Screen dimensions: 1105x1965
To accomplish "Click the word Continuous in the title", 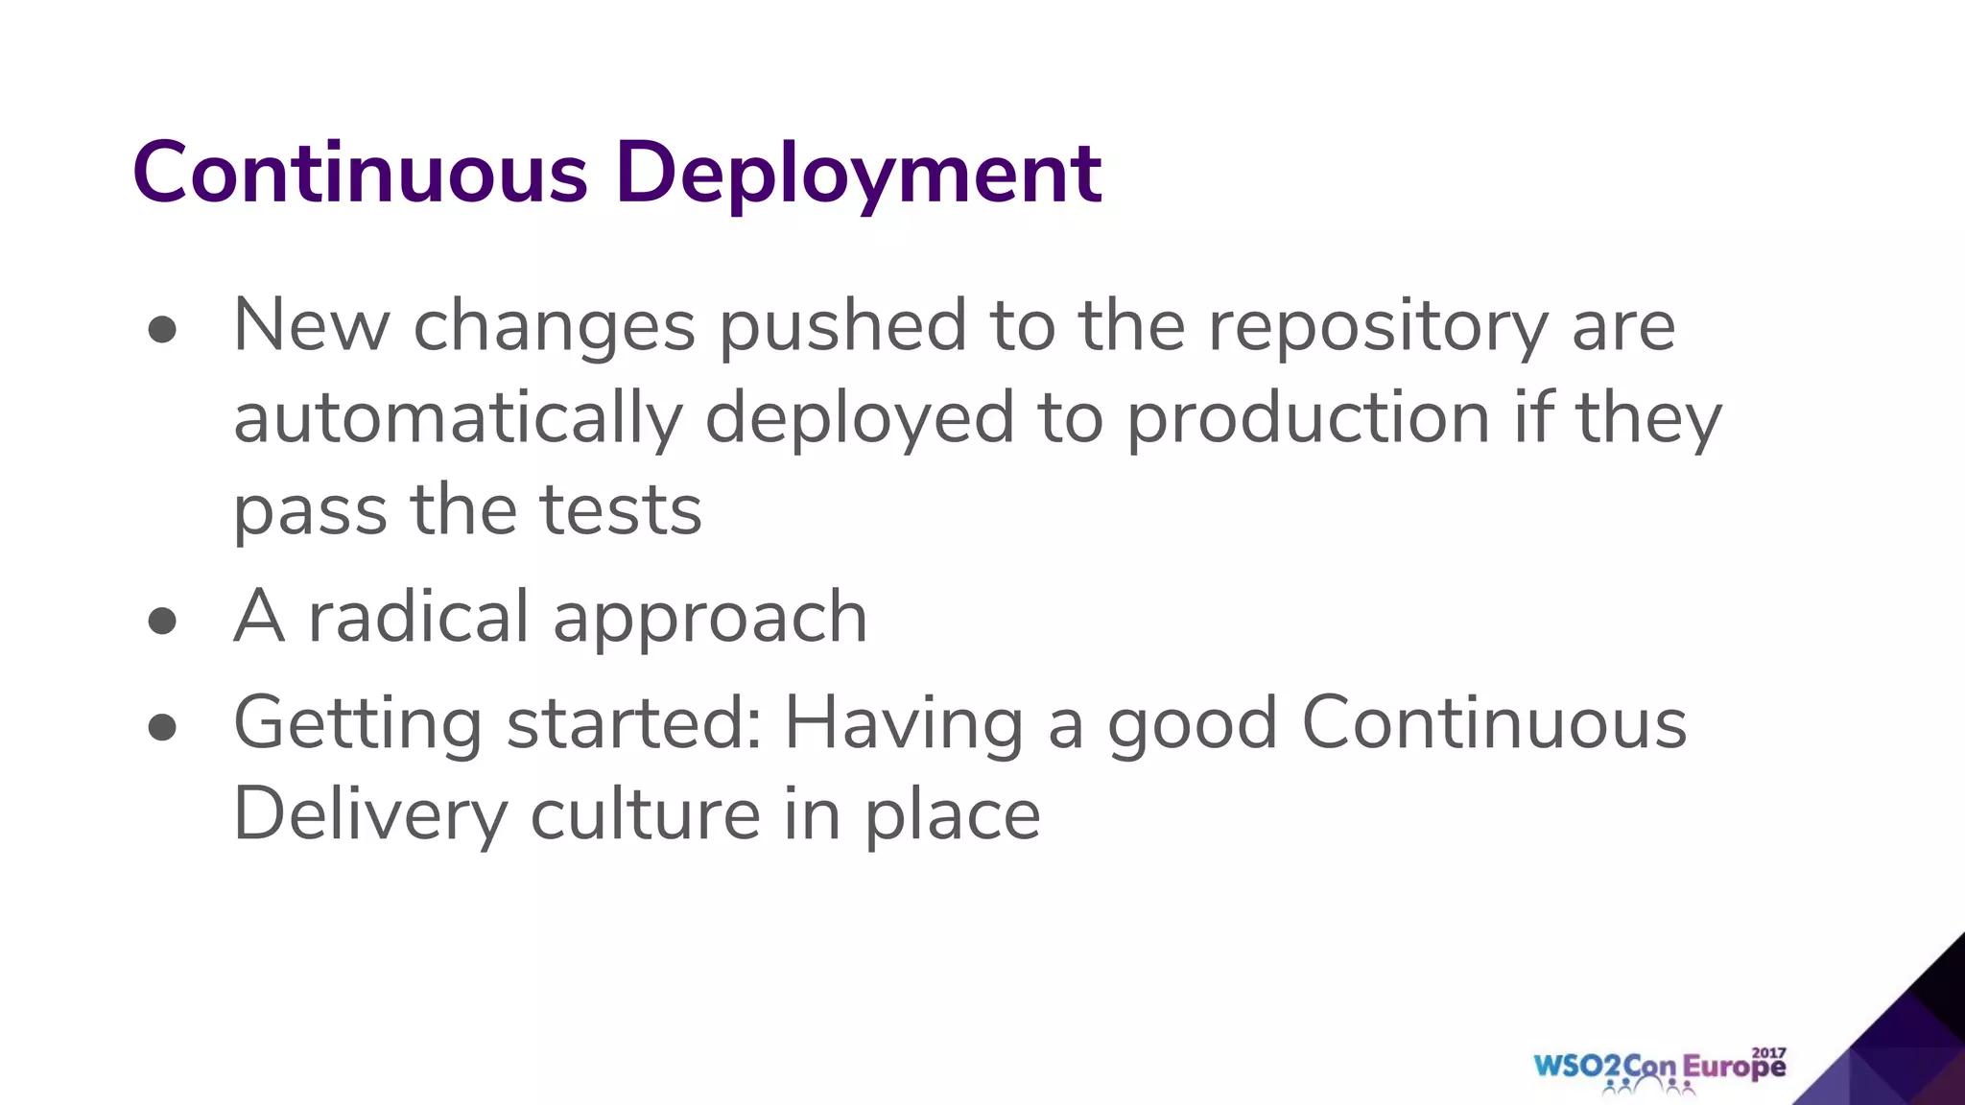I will (360, 173).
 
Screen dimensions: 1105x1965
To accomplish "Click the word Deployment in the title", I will (860, 175).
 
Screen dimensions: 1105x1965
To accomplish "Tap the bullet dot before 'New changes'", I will (163, 330).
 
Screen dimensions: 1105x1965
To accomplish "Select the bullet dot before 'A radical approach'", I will (163, 621).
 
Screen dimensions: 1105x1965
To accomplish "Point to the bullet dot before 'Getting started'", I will (163, 727).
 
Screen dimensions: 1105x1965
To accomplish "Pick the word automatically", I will (458, 419).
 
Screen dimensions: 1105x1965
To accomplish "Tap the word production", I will (1308, 419).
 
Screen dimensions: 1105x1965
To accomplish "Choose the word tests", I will (621, 510).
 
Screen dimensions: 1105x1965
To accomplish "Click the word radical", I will (418, 617).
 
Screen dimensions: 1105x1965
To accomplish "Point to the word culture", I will (645, 813).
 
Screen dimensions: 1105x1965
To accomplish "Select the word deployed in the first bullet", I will (860, 419).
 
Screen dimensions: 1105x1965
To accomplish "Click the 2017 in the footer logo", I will (1768, 1052).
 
